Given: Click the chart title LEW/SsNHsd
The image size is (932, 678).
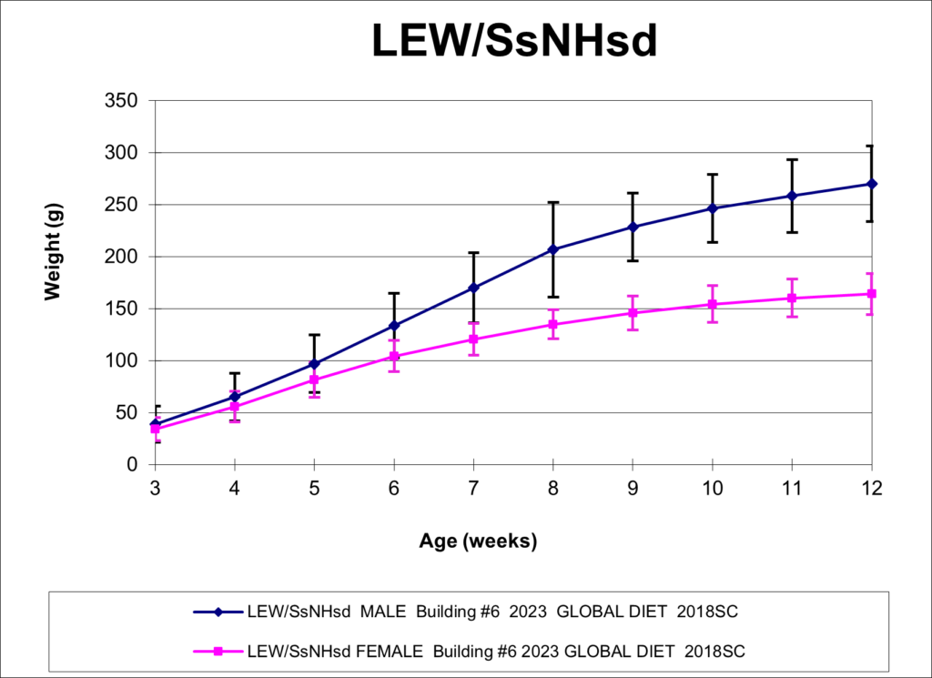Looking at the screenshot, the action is [x=515, y=41].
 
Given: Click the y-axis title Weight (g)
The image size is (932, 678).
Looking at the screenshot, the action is [x=53, y=252].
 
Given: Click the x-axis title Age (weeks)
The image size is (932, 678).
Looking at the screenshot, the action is [x=478, y=541].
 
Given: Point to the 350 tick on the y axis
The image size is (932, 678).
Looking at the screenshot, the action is [x=121, y=100].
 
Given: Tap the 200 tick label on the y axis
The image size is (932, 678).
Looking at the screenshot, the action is [x=121, y=257].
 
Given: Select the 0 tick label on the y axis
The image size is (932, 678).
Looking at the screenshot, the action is [x=131, y=465].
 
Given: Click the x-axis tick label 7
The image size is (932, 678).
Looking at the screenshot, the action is [x=473, y=489].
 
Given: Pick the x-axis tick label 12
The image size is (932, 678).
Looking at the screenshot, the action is [x=871, y=489].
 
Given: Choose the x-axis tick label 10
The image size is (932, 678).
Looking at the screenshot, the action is [x=712, y=489].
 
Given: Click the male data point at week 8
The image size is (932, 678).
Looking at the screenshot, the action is [x=553, y=249].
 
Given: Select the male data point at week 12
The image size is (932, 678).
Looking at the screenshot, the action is [x=872, y=184].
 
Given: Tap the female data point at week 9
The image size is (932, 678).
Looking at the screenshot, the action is [x=633, y=312].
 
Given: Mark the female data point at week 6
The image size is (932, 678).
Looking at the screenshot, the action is [x=394, y=357].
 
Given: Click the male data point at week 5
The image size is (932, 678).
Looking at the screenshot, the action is [x=314, y=364].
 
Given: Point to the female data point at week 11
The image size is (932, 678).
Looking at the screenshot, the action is [x=792, y=298].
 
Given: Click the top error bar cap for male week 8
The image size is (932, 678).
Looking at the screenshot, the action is [x=553, y=203].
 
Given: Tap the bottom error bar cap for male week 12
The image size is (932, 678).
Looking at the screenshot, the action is [x=872, y=222].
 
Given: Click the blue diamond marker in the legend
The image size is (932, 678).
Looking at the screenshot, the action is [x=218, y=612].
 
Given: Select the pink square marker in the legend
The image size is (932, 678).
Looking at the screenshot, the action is [x=218, y=652].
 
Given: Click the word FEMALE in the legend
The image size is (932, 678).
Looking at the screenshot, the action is [x=390, y=652].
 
